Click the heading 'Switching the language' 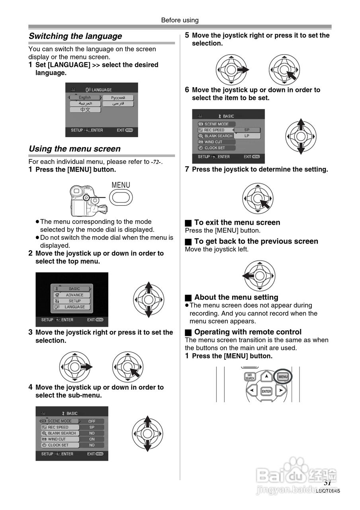click(x=75, y=36)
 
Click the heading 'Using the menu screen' click(x=74, y=149)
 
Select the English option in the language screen click(x=85, y=98)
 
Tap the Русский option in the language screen click(x=118, y=98)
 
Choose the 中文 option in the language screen click(x=85, y=110)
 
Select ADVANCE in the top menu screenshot click(x=74, y=295)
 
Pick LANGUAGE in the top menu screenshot click(x=74, y=307)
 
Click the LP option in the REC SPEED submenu click(x=247, y=136)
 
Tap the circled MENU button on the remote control click(x=283, y=377)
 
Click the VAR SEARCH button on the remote click(x=250, y=377)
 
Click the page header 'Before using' click(x=180, y=20)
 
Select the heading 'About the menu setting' click(x=236, y=297)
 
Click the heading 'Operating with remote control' click(x=248, y=332)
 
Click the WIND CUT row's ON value click(x=92, y=439)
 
